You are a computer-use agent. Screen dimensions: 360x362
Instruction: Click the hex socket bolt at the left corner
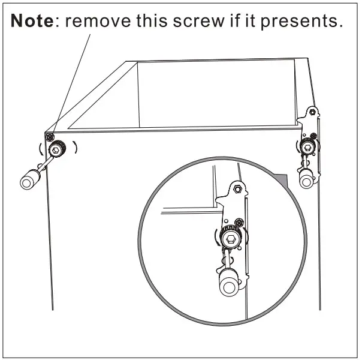(57, 149)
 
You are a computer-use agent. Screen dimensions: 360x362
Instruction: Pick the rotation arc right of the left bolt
(76, 148)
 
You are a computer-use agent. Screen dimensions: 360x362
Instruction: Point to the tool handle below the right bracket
(307, 178)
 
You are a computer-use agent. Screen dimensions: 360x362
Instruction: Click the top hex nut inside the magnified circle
(238, 188)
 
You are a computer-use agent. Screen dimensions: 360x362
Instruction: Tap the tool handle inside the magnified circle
(229, 284)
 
